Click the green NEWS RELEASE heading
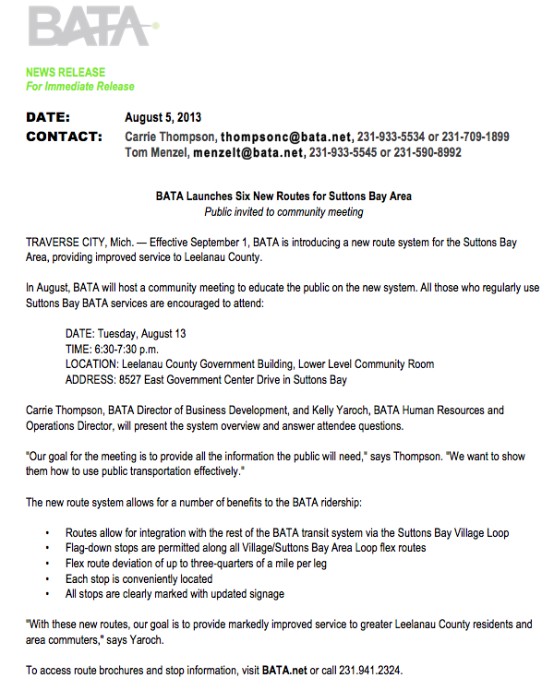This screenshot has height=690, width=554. coord(66,72)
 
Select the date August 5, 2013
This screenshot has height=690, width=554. coord(163,118)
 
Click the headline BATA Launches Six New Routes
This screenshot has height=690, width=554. coord(283,196)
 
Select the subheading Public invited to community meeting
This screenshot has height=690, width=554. coord(283,212)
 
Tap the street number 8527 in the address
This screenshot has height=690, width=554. coord(131,380)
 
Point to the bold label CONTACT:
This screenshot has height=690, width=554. coord(64,137)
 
